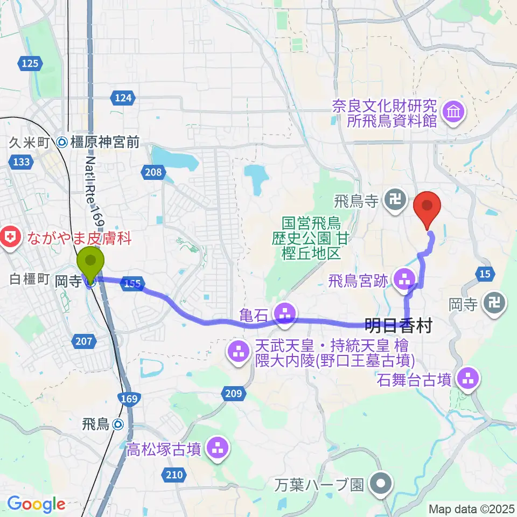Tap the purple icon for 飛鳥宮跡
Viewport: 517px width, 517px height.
tap(404, 279)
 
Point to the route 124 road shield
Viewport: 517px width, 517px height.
tap(123, 98)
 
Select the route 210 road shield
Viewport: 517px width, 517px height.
tap(173, 474)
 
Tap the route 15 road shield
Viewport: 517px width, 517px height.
tap(485, 275)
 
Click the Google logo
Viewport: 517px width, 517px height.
tap(36, 504)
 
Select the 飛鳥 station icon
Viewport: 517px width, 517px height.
tap(120, 425)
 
